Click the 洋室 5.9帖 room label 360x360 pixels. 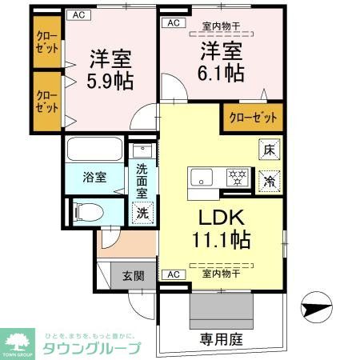pyautogui.click(x=110, y=70)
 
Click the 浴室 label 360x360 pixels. pyautogui.click(x=94, y=178)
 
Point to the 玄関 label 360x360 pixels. pyautogui.click(x=133, y=276)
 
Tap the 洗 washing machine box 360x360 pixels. pyautogui.click(x=141, y=214)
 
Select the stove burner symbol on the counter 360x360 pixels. pyautogui.click(x=238, y=176)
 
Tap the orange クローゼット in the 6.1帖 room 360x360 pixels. pyautogui.click(x=253, y=117)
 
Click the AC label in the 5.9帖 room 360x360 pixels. pyautogui.click(x=78, y=15)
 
